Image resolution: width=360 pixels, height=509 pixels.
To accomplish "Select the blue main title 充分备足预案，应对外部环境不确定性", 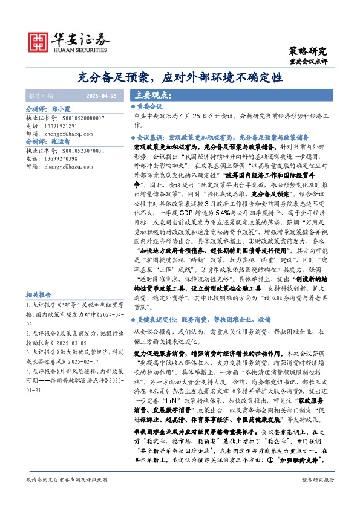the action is coord(180,77).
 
